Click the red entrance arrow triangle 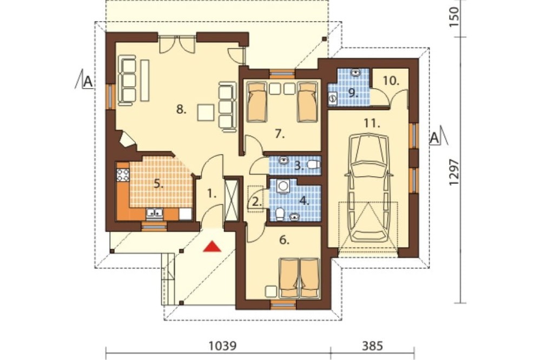tap(212, 246)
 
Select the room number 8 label tap(181, 110)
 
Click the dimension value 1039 tap(223, 346)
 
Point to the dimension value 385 tap(373, 346)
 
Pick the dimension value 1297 tap(454, 172)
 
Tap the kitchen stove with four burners tap(123, 175)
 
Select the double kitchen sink tap(155, 214)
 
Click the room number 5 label tap(159, 184)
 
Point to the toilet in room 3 tap(312, 165)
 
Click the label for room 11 tap(372, 123)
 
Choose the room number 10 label tap(391, 82)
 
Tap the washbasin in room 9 tap(356, 72)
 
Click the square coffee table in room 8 tap(206, 112)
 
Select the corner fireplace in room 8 tap(126, 140)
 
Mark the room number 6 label tap(284, 241)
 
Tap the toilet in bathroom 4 tap(280, 214)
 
